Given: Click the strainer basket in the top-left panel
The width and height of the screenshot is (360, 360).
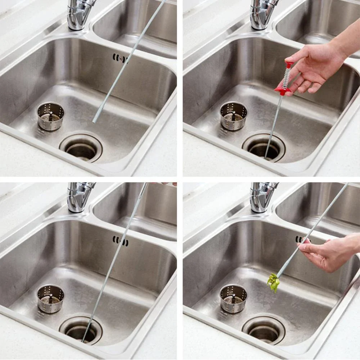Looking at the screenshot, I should coord(50,116).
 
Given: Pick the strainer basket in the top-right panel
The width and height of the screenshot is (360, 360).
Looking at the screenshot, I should coord(234,116).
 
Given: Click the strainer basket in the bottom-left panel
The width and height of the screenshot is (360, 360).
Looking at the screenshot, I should coord(50,298).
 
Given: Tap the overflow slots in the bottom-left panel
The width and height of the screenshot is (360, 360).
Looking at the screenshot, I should coord(120,240).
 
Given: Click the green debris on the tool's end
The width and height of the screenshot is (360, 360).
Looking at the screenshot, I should coord(274,282).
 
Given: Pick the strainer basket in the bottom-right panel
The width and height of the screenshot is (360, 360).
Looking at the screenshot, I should coord(234,298).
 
